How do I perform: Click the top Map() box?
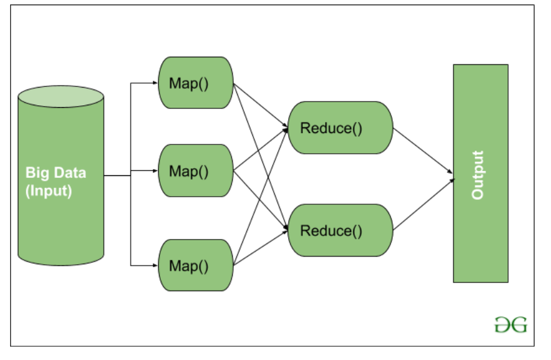point(195,83)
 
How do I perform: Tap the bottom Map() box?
point(195,265)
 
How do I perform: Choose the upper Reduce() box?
point(340,128)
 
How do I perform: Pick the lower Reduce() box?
point(340,230)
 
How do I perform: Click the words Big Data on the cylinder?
point(56,173)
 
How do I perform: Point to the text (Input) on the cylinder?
point(49,190)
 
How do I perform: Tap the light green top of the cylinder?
point(61,96)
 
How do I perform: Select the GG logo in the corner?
point(510,325)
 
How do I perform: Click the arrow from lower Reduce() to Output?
point(422,205)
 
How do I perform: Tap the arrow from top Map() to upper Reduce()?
point(260,105)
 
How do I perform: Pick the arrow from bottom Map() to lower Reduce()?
point(260,248)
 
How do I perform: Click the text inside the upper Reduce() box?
point(332,128)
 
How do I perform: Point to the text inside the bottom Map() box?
point(188,265)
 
